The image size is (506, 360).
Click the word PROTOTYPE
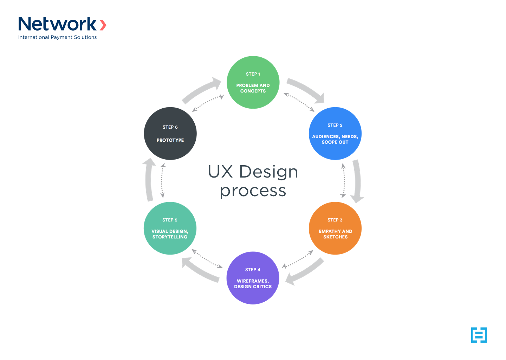tap(170, 140)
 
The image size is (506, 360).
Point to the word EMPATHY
tap(330, 231)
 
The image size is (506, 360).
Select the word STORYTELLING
tap(170, 237)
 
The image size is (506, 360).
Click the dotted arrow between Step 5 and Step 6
tap(162, 181)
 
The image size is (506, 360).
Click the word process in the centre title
tap(253, 191)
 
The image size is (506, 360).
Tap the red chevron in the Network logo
tap(103, 25)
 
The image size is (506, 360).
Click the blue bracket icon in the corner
tap(479, 335)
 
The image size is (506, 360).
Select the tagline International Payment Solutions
tap(58, 37)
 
